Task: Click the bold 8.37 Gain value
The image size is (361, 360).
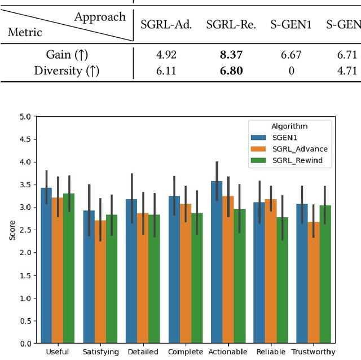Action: [x=231, y=55]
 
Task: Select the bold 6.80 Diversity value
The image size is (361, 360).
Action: [x=231, y=71]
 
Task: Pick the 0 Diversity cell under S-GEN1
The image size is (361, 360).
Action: [x=291, y=71]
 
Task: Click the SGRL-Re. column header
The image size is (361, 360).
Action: [x=231, y=24]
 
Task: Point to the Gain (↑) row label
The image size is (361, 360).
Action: [x=67, y=55]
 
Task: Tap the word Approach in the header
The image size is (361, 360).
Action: [x=100, y=16]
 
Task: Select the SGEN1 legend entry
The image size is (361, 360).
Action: [x=284, y=137]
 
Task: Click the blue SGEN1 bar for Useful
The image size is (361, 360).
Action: [x=46, y=265]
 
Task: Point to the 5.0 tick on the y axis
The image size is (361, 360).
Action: [x=25, y=117]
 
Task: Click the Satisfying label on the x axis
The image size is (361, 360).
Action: [x=101, y=352]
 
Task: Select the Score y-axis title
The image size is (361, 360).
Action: [x=12, y=230]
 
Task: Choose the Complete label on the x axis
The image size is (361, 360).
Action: [x=186, y=352]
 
